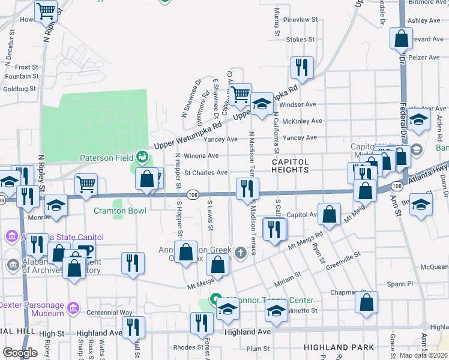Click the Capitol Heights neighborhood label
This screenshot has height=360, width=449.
click(291, 166)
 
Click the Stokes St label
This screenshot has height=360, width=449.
click(300, 40)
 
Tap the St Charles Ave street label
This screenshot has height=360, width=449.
click(205, 173)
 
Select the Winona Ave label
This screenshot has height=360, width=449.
click(201, 155)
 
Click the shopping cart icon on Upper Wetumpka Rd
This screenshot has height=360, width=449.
click(240, 94)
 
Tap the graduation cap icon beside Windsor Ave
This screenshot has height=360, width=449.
click(261, 104)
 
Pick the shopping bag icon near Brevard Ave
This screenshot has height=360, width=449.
click(401, 38)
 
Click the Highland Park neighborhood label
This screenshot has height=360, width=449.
click(339, 347)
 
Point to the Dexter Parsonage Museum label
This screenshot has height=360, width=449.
click(31, 309)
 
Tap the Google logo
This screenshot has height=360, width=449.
click(20, 353)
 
